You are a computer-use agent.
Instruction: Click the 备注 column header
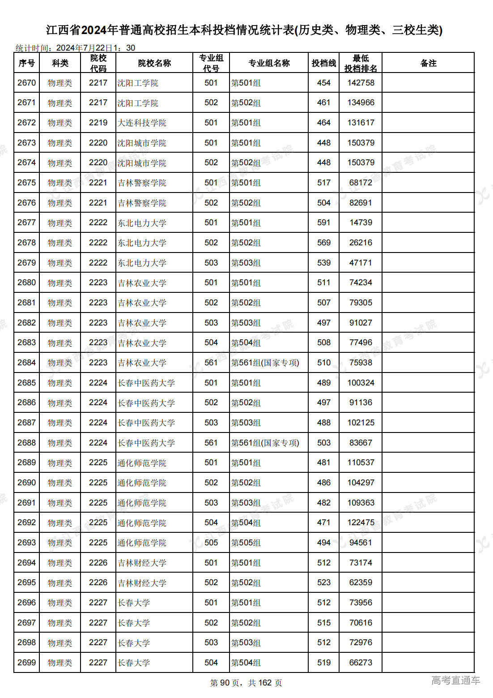coord(428,63)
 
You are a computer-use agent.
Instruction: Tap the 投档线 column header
coord(323,63)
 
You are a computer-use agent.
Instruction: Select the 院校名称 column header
coord(154,63)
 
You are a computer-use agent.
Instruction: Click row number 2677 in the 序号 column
coord(27,223)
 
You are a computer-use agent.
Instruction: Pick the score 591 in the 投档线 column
coord(323,223)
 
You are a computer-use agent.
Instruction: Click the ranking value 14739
coord(361,223)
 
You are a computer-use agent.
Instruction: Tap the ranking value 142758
coord(361,83)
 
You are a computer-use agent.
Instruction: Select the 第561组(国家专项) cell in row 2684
coord(265,363)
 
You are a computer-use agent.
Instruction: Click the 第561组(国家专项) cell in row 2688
coord(265,443)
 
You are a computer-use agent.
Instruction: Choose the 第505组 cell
coord(246,543)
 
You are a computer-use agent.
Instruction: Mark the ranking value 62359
coord(361,582)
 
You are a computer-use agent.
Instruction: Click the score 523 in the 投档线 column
coord(323,582)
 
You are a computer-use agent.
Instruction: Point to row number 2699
coord(27,663)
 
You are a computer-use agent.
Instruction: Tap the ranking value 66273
coord(361,663)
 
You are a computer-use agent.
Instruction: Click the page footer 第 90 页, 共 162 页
coord(246,683)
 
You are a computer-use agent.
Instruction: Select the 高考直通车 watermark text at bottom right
coord(455,681)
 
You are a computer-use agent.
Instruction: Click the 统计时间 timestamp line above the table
coord(75,48)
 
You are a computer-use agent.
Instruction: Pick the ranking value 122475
coord(361,522)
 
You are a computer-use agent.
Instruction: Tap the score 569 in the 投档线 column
coord(323,243)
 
